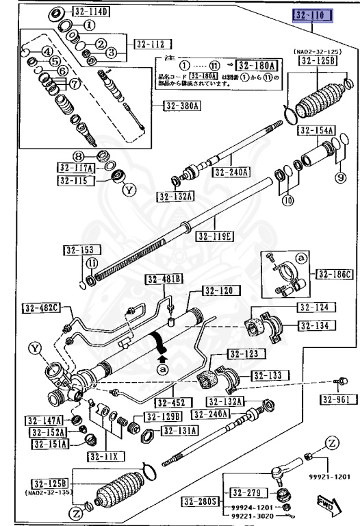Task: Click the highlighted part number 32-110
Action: (x=313, y=15)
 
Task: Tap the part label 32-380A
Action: (x=182, y=106)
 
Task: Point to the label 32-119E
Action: (x=214, y=236)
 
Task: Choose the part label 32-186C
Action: (x=335, y=275)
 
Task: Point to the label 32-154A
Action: (x=317, y=131)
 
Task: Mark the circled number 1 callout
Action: (x=90, y=25)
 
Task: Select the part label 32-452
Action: (x=172, y=402)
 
